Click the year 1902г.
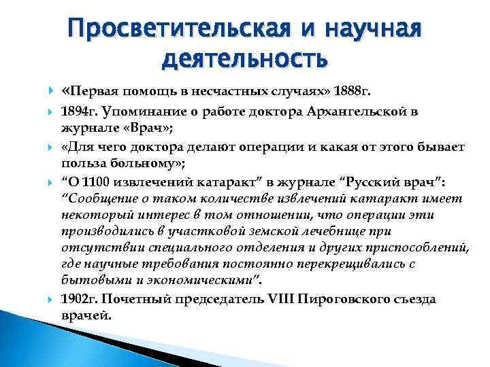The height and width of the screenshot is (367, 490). pos(80,299)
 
